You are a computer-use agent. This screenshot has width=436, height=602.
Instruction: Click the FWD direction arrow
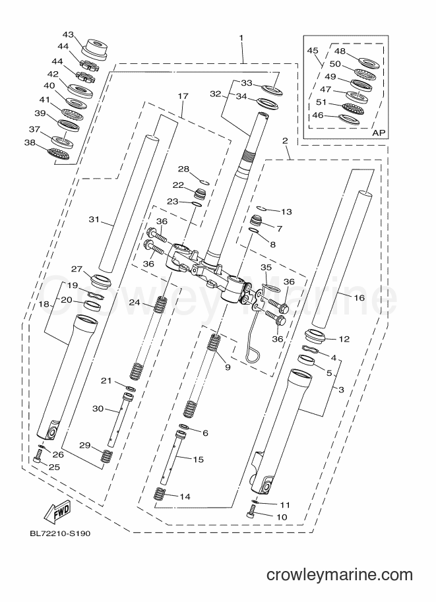click(57, 512)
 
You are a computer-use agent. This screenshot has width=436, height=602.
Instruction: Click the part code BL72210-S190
click(60, 533)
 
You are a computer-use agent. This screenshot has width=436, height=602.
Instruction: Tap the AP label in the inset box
click(379, 133)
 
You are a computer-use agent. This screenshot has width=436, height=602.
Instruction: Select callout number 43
click(68, 35)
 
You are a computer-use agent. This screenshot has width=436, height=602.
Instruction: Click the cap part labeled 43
click(94, 49)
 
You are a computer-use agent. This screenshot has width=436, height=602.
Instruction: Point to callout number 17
click(183, 96)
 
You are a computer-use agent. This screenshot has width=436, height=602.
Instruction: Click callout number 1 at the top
click(241, 38)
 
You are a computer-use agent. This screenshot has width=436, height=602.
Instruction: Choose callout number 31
click(94, 220)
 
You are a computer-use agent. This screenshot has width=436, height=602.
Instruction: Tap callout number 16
click(359, 297)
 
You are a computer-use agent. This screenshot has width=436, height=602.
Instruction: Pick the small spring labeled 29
click(106, 456)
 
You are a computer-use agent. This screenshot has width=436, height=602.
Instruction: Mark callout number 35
click(266, 268)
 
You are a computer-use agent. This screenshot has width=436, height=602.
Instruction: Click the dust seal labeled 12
click(316, 337)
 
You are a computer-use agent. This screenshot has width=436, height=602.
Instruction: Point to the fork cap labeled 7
click(256, 222)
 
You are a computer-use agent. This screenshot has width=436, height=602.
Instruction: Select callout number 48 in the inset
click(340, 51)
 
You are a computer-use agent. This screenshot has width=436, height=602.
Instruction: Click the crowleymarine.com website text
click(339, 575)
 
